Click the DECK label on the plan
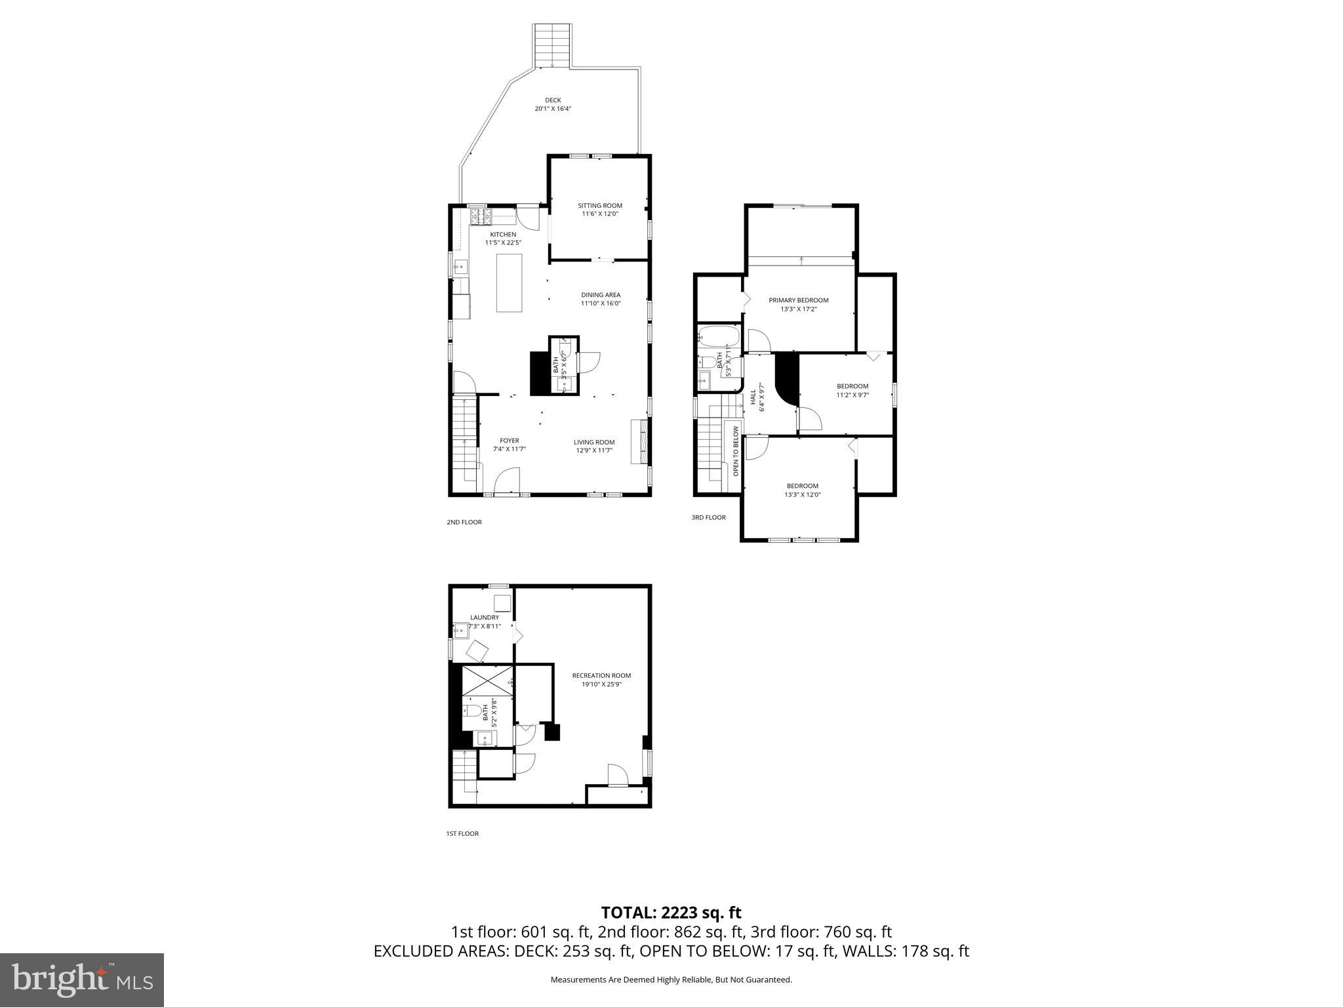[x=553, y=101]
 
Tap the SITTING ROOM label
[x=599, y=206]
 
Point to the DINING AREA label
[x=600, y=295]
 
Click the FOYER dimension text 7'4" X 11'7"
[x=510, y=449]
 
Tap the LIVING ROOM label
[x=594, y=443]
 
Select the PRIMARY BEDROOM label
[x=798, y=300]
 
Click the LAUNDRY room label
[x=485, y=618]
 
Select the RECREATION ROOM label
[x=601, y=676]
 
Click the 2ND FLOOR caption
[x=464, y=523]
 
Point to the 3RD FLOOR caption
[x=708, y=517]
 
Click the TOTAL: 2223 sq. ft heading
[x=671, y=913]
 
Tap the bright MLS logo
[x=82, y=980]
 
